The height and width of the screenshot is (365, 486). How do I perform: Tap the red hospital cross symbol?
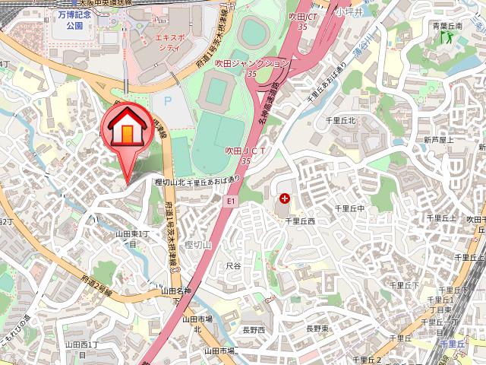coord(285,198)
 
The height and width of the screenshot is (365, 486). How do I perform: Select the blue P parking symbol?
coord(167,100)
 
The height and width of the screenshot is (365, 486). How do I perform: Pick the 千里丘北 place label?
coord(341,120)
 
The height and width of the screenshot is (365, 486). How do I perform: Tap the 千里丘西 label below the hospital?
coord(299,221)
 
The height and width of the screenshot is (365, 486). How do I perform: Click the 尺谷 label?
coord(233,265)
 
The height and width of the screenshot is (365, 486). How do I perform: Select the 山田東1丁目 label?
coord(131,239)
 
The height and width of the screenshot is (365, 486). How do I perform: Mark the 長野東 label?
coord(317,328)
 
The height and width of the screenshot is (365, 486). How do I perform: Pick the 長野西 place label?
coord(254,330)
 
